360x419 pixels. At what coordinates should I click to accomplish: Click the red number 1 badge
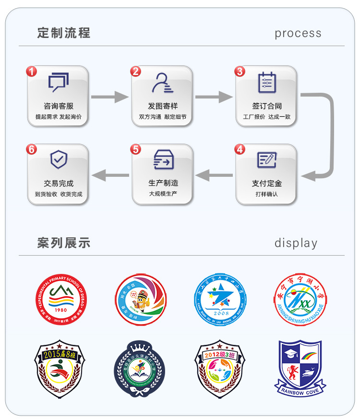pos(31,72)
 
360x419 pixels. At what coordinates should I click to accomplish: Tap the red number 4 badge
pos(240,149)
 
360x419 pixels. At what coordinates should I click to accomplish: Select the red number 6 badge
pos(31,149)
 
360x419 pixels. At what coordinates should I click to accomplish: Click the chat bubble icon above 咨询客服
pos(58,82)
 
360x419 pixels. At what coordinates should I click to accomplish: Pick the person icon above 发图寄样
pos(162,82)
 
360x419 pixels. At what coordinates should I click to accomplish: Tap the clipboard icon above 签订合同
pos(266,82)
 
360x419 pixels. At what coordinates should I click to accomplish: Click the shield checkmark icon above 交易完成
pos(58,160)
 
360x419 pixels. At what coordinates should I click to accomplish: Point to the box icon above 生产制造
pos(162,160)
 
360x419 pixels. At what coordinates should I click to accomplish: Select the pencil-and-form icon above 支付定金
pos(266,160)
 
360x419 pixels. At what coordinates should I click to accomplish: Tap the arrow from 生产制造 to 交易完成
pos(110,175)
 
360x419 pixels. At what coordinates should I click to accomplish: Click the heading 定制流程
pos(64,33)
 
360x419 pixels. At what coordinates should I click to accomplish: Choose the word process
pos(298,34)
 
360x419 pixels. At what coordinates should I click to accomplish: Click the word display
pos(296,243)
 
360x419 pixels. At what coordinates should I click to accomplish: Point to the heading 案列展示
pos(64,243)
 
